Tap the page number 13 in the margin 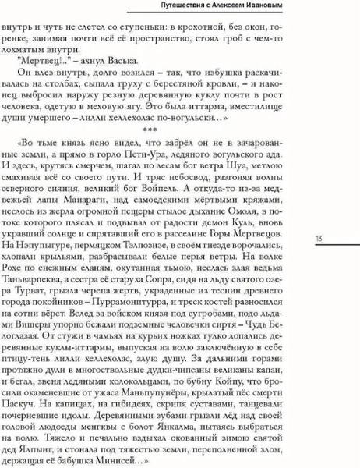click(319, 239)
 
